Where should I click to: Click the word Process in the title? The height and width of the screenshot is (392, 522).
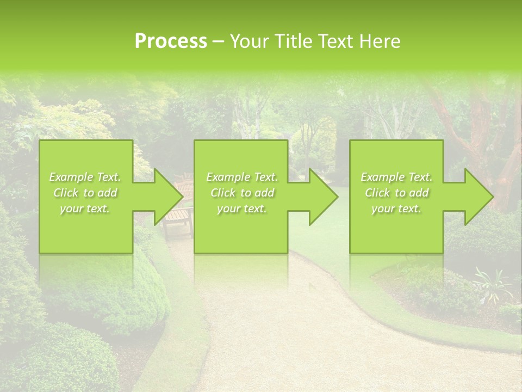(171, 41)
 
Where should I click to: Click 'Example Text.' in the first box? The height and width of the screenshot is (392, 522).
(85, 177)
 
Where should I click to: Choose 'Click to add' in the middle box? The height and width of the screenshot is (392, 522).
(242, 193)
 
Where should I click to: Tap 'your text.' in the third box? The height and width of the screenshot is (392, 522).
(396, 209)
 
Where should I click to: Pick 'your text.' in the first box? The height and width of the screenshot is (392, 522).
(85, 209)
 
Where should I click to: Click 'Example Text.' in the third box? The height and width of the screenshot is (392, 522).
(396, 177)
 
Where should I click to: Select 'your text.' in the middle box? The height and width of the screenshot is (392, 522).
(242, 209)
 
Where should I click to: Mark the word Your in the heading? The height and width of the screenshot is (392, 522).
(247, 41)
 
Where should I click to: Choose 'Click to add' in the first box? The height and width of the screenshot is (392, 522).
(85, 193)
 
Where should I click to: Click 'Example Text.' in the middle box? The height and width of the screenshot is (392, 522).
(242, 177)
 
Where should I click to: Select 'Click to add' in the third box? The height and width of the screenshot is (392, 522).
(396, 193)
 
